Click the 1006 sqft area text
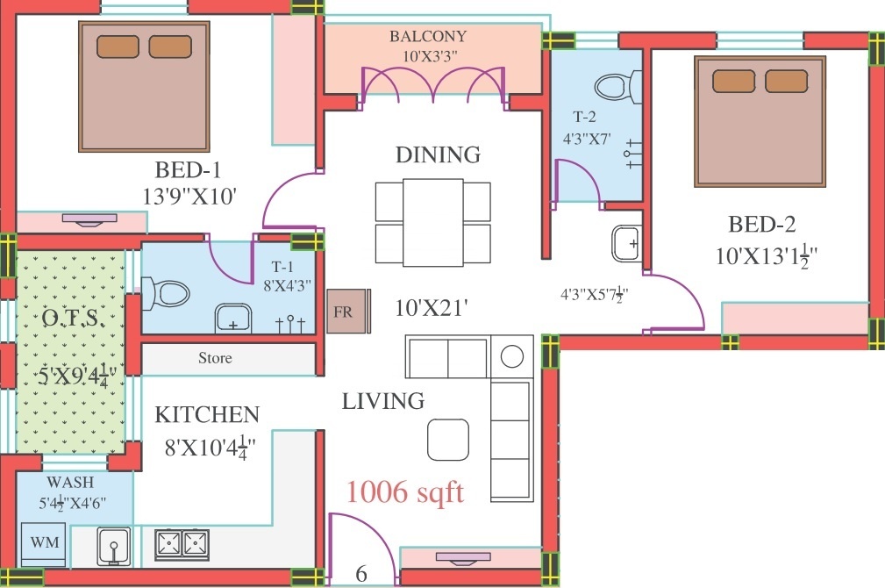coord(404,492)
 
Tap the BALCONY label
coord(428,36)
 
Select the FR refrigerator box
coord(342,312)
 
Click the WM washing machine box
coord(45,542)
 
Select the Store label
coord(215,358)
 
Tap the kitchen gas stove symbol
coord(182,544)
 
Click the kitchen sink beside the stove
coord(113,545)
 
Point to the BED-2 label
coord(760,225)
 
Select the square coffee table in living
coord(448,439)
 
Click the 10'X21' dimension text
coord(432,308)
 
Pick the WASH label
coord(71,483)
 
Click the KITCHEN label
coord(207,414)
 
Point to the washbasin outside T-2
coord(626,242)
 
